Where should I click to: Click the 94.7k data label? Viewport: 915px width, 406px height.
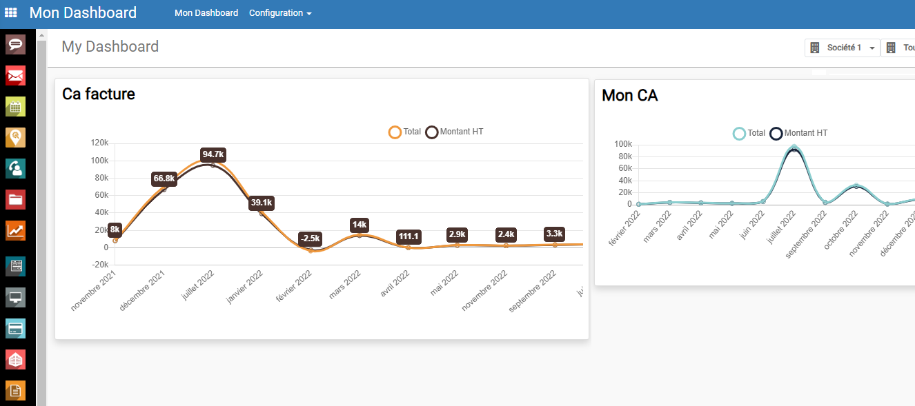[x=213, y=154]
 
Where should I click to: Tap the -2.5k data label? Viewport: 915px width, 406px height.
[x=310, y=238]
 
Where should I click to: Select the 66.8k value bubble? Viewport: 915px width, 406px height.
[x=164, y=179]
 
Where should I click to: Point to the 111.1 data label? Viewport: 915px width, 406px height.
[x=409, y=236]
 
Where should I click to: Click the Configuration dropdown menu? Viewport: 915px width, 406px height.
[x=280, y=13]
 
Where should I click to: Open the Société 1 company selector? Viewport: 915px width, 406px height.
[x=843, y=48]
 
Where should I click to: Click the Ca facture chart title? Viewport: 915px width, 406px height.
[x=99, y=94]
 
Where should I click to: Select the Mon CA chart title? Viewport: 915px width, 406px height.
[x=629, y=96]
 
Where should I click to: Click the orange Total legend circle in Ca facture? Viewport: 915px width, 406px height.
[x=395, y=132]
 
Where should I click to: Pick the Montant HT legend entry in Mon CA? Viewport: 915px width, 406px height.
[x=798, y=134]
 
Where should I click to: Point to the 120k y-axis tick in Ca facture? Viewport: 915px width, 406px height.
[x=99, y=143]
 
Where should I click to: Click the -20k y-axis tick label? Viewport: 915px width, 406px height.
[x=100, y=265]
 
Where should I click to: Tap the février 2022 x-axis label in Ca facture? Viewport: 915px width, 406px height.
[x=294, y=285]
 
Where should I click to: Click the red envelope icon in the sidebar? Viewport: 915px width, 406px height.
[x=15, y=76]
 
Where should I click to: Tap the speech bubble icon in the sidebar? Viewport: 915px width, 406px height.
[x=15, y=45]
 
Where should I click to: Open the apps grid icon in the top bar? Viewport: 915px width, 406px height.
[x=10, y=12]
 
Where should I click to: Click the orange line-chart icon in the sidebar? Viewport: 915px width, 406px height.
[x=15, y=230]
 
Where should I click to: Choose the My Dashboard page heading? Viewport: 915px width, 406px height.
[x=110, y=46]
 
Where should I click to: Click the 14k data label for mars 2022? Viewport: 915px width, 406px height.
[x=360, y=225]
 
